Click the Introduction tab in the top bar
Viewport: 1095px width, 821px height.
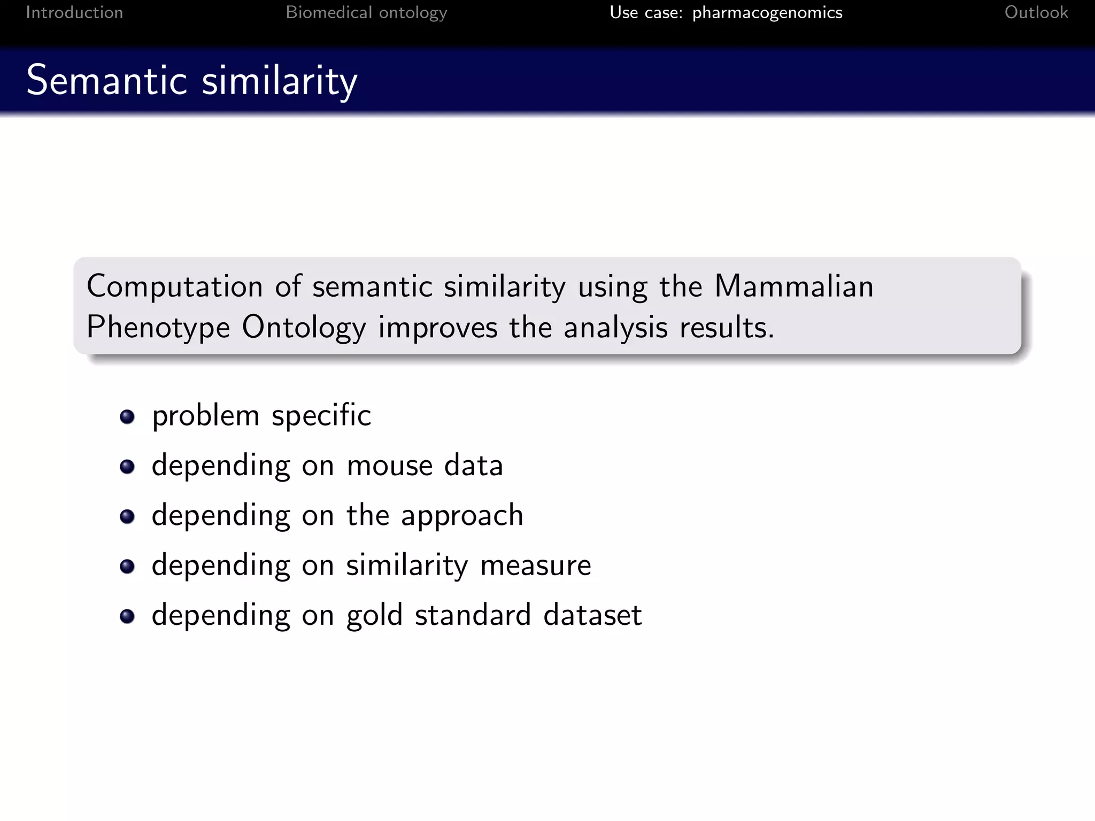click(74, 12)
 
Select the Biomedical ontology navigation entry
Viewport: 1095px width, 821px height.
click(366, 12)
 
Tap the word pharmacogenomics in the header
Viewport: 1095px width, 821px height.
click(767, 12)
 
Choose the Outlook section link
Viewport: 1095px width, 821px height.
click(1036, 12)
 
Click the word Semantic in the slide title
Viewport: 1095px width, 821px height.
click(106, 81)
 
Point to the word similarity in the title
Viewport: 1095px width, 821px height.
click(279, 82)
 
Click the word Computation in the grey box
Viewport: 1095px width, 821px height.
click(174, 286)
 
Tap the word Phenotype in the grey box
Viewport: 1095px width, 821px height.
click(158, 327)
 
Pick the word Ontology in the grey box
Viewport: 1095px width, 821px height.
click(304, 327)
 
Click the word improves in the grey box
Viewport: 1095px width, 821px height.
click(437, 327)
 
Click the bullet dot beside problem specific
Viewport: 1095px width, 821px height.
click(127, 416)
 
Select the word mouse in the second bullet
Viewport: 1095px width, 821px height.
click(389, 465)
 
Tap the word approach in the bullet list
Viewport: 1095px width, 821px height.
click(462, 516)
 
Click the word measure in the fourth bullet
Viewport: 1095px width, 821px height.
click(535, 565)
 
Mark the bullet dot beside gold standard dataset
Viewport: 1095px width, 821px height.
click(127, 616)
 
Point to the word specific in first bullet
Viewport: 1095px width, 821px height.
click(321, 416)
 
